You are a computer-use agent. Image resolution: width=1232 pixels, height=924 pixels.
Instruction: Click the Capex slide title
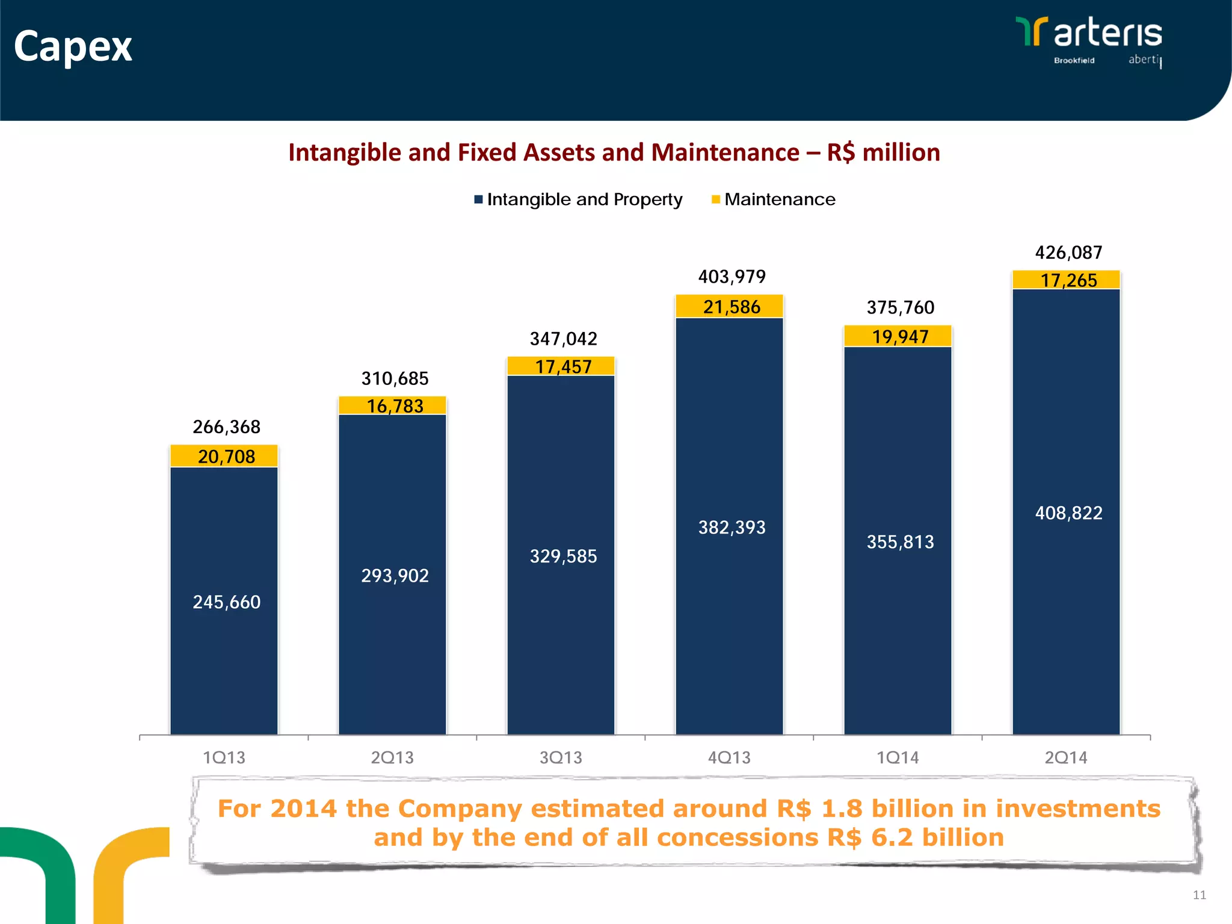73,46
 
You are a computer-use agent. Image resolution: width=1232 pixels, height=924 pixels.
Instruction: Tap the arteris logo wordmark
1107,33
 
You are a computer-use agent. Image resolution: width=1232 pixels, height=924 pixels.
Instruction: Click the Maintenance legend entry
779,199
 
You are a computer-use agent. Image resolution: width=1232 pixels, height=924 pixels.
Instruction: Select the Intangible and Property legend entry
584,199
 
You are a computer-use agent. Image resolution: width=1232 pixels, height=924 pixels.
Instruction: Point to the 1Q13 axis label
224,757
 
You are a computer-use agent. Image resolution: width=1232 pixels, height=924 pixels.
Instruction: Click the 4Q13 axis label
729,757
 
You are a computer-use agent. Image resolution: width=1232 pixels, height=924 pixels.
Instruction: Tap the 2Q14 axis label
1066,757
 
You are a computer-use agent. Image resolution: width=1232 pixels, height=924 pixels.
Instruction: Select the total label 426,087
1068,253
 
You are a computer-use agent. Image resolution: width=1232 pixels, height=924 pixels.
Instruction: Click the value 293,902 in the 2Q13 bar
395,576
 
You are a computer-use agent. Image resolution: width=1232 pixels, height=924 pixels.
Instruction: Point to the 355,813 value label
900,542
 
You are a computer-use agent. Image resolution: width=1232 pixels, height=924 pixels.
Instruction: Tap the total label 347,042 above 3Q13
563,339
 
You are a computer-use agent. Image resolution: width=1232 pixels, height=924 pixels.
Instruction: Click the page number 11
1199,895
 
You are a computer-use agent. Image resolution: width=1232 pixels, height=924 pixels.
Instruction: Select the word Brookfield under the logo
1074,60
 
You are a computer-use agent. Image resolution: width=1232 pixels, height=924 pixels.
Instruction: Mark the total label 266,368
226,427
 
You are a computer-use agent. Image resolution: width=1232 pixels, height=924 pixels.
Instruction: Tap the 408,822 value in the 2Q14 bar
1068,513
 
